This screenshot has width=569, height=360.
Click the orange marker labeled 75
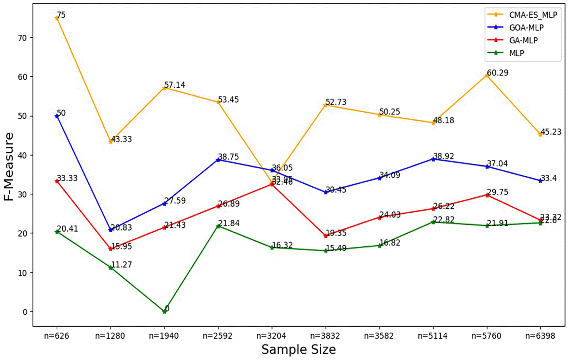tap(57, 18)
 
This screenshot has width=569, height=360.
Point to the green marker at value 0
tap(164, 312)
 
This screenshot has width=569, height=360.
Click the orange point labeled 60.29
tap(487, 75)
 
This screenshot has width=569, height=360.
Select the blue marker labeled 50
tap(57, 116)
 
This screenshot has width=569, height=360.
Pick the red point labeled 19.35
tap(326, 236)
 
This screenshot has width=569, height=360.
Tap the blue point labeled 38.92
tap(433, 159)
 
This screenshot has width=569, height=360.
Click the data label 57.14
tap(175, 85)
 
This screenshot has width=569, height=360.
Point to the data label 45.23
tap(551, 132)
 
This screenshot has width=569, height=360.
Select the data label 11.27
tap(121, 265)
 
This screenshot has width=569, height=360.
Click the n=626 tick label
tap(57, 336)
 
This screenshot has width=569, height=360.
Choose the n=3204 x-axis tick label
tap(271, 336)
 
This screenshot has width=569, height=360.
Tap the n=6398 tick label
tap(540, 336)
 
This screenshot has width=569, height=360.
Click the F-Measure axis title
tap(9, 166)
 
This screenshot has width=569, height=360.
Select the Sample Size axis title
tap(298, 349)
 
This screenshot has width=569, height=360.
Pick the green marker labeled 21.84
tap(218, 226)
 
